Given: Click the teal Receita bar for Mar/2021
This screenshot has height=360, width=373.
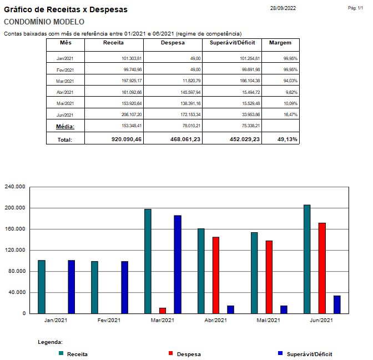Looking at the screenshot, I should tap(148, 261).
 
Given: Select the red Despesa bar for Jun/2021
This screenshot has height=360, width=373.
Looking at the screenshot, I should tap(322, 268).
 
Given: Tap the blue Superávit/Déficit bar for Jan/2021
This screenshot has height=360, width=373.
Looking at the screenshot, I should tap(72, 287).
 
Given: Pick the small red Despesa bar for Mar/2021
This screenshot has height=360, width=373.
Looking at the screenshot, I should tap(163, 311).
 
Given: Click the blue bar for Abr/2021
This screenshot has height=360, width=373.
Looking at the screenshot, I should tap(230, 309).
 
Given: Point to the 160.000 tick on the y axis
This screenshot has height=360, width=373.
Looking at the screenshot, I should tap(16, 229).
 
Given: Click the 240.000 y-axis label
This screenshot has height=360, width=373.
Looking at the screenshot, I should tap(16, 187).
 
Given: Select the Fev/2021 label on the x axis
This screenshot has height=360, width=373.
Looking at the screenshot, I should tap(109, 320).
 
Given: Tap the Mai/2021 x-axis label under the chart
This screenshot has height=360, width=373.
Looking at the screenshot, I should tap(269, 320).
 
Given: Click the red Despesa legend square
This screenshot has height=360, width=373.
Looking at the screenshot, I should tap(170, 353).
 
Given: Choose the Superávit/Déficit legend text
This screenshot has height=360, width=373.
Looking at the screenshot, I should tap(309, 354).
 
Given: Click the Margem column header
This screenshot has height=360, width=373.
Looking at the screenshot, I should tap(280, 43).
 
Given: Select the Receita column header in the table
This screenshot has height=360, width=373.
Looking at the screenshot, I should tap(113, 43).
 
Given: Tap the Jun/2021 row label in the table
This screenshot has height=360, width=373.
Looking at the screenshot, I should tap(65, 114).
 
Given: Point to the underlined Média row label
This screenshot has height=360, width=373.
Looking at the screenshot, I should tap(65, 127).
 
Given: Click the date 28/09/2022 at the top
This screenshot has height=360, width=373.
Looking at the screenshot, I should tap(283, 8).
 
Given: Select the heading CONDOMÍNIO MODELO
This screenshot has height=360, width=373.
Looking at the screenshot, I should tap(44, 22).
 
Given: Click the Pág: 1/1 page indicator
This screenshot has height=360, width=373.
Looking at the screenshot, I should tap(355, 8).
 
